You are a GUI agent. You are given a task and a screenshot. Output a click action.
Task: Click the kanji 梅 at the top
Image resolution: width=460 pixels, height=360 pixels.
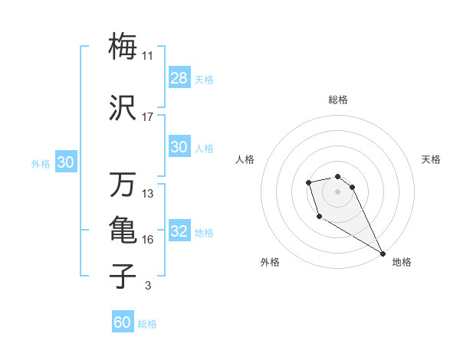pos(123,46)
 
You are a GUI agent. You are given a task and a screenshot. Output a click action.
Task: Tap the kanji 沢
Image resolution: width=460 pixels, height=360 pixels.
pos(123,107)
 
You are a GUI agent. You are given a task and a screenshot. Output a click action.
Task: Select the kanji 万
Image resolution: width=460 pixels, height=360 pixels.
pos(123,185)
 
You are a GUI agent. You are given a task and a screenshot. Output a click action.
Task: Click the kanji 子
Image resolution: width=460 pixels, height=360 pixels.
pos(123,276)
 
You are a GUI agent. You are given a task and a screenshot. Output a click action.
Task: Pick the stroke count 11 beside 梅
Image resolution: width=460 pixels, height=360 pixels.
pos(148,56)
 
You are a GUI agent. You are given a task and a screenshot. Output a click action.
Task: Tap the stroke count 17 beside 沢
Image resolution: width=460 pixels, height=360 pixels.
pos(148,117)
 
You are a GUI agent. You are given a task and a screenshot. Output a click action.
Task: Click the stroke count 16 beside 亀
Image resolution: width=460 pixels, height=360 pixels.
pos(148,240)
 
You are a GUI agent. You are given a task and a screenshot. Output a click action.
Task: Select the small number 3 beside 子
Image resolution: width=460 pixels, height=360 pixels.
pos(147,286)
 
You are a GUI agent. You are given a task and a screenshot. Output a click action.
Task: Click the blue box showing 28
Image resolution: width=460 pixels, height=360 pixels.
pos(179,78)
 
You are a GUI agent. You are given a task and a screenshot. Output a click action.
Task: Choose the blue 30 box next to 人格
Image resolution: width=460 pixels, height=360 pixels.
pos(179,147)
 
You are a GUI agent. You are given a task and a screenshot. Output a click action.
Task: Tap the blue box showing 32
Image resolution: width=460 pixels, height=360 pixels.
pos(179,231)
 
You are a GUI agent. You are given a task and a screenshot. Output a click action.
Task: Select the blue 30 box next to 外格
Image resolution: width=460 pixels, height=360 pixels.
pos(65,162)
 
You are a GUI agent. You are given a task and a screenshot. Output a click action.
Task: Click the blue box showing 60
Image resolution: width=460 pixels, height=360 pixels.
pos(123,322)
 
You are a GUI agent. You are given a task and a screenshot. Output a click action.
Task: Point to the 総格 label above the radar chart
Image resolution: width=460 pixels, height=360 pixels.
pos(338,100)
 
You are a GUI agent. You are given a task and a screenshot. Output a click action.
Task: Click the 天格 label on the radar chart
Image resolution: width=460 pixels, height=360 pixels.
pos(431,159)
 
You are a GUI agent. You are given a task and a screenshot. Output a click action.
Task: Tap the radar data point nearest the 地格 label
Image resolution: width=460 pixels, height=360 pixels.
pos(383,254)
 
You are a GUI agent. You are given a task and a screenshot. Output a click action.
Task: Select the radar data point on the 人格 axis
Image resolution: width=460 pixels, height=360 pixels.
pos(308,182)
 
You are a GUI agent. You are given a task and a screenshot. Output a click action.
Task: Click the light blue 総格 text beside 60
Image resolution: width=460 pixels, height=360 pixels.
pos(147,324)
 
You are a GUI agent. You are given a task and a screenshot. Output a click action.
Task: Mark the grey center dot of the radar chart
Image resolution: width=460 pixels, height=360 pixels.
pos(337,191)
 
